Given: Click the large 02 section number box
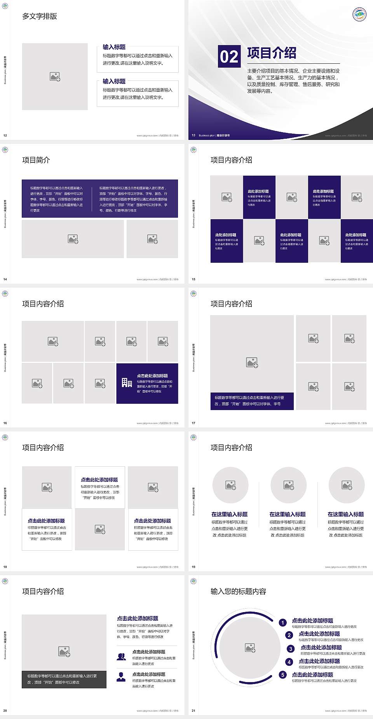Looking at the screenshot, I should [229, 56].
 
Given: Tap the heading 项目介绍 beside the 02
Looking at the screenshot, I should [272, 53].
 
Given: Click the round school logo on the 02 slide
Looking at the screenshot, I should [359, 14].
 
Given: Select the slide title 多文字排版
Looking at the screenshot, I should [40, 16].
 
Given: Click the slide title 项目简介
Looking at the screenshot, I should [36, 160].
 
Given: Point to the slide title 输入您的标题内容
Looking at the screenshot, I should [238, 592].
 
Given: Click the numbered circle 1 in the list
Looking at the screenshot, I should [283, 623].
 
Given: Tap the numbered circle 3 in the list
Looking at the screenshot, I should [291, 649].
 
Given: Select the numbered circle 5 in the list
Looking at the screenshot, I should [283, 675].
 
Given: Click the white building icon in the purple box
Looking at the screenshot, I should [127, 383].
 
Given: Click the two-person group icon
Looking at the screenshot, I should [121, 656].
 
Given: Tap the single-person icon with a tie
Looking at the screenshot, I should [121, 677].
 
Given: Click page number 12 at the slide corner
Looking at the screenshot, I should [5, 136].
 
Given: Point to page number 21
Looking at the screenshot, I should [193, 711].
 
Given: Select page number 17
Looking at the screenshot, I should [193, 423].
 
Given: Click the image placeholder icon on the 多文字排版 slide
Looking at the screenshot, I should [55, 77].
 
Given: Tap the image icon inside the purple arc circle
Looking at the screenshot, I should [250, 647].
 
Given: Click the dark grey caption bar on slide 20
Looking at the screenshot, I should [64, 679].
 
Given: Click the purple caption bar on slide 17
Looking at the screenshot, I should [252, 401].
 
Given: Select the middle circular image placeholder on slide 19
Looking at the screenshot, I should [288, 485].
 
